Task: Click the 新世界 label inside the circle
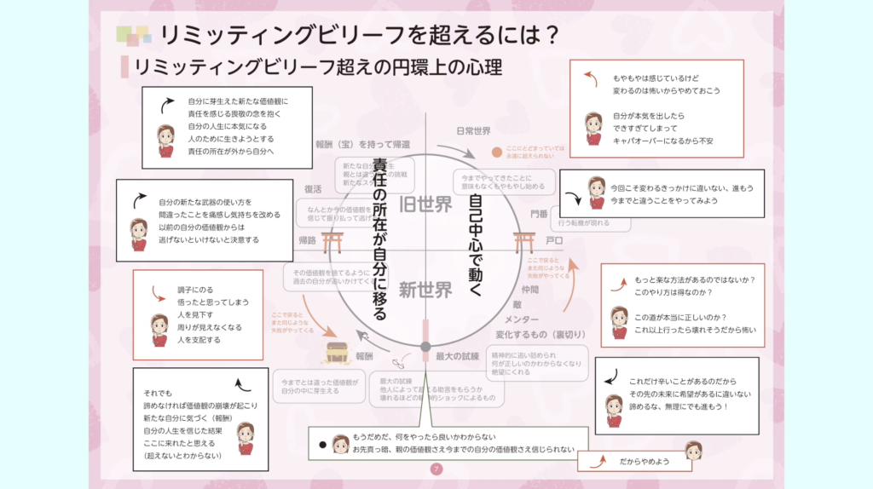425,290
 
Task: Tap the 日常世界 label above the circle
473,131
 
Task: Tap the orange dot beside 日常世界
497,152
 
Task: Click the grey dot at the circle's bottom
425,346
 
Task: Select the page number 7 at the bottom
436,469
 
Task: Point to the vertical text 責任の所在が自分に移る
380,239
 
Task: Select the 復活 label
314,189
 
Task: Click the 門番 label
539,213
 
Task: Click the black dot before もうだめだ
322,444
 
